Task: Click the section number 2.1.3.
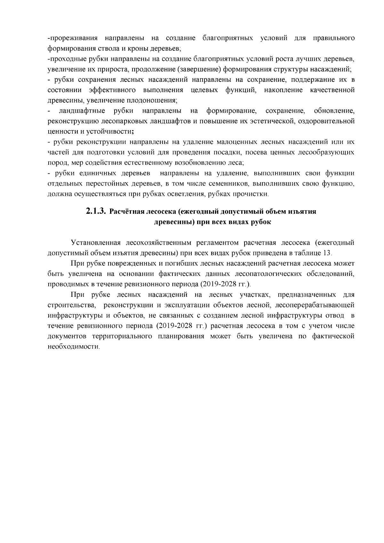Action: coord(96,211)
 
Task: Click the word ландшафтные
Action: coord(82,111)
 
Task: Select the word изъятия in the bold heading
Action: coord(304,212)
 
